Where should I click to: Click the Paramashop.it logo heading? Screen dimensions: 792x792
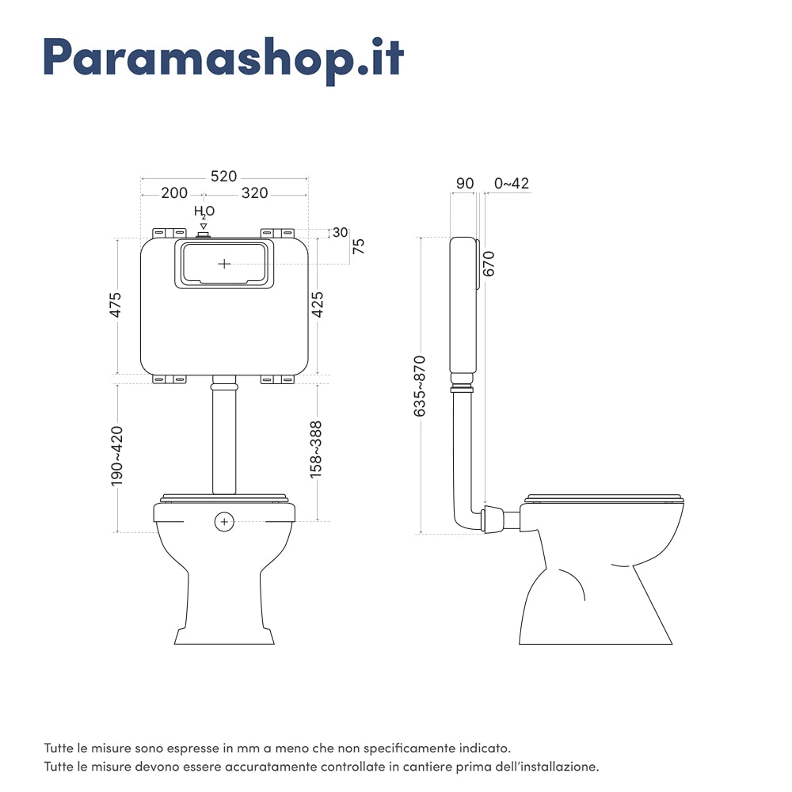click(x=224, y=57)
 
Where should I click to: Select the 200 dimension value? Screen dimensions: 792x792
click(x=173, y=193)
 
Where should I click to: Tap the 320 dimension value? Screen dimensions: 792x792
click(x=254, y=193)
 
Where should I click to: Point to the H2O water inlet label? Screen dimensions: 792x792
click(x=204, y=212)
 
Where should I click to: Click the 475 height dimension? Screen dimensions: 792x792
click(x=116, y=305)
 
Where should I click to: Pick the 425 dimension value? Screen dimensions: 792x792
click(x=318, y=305)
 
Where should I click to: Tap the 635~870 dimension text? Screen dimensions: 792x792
click(x=420, y=386)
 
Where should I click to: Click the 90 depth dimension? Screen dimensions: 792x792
click(x=464, y=184)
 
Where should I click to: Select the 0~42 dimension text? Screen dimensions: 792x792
click(x=511, y=184)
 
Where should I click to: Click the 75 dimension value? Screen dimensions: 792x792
click(x=358, y=246)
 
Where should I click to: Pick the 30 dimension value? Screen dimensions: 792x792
click(x=340, y=232)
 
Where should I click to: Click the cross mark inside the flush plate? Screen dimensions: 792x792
click(x=225, y=263)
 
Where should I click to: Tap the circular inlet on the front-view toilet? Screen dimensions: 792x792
click(x=225, y=522)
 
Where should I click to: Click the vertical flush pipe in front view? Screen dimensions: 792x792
click(x=225, y=444)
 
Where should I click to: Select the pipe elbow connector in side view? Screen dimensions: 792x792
click(x=492, y=519)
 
